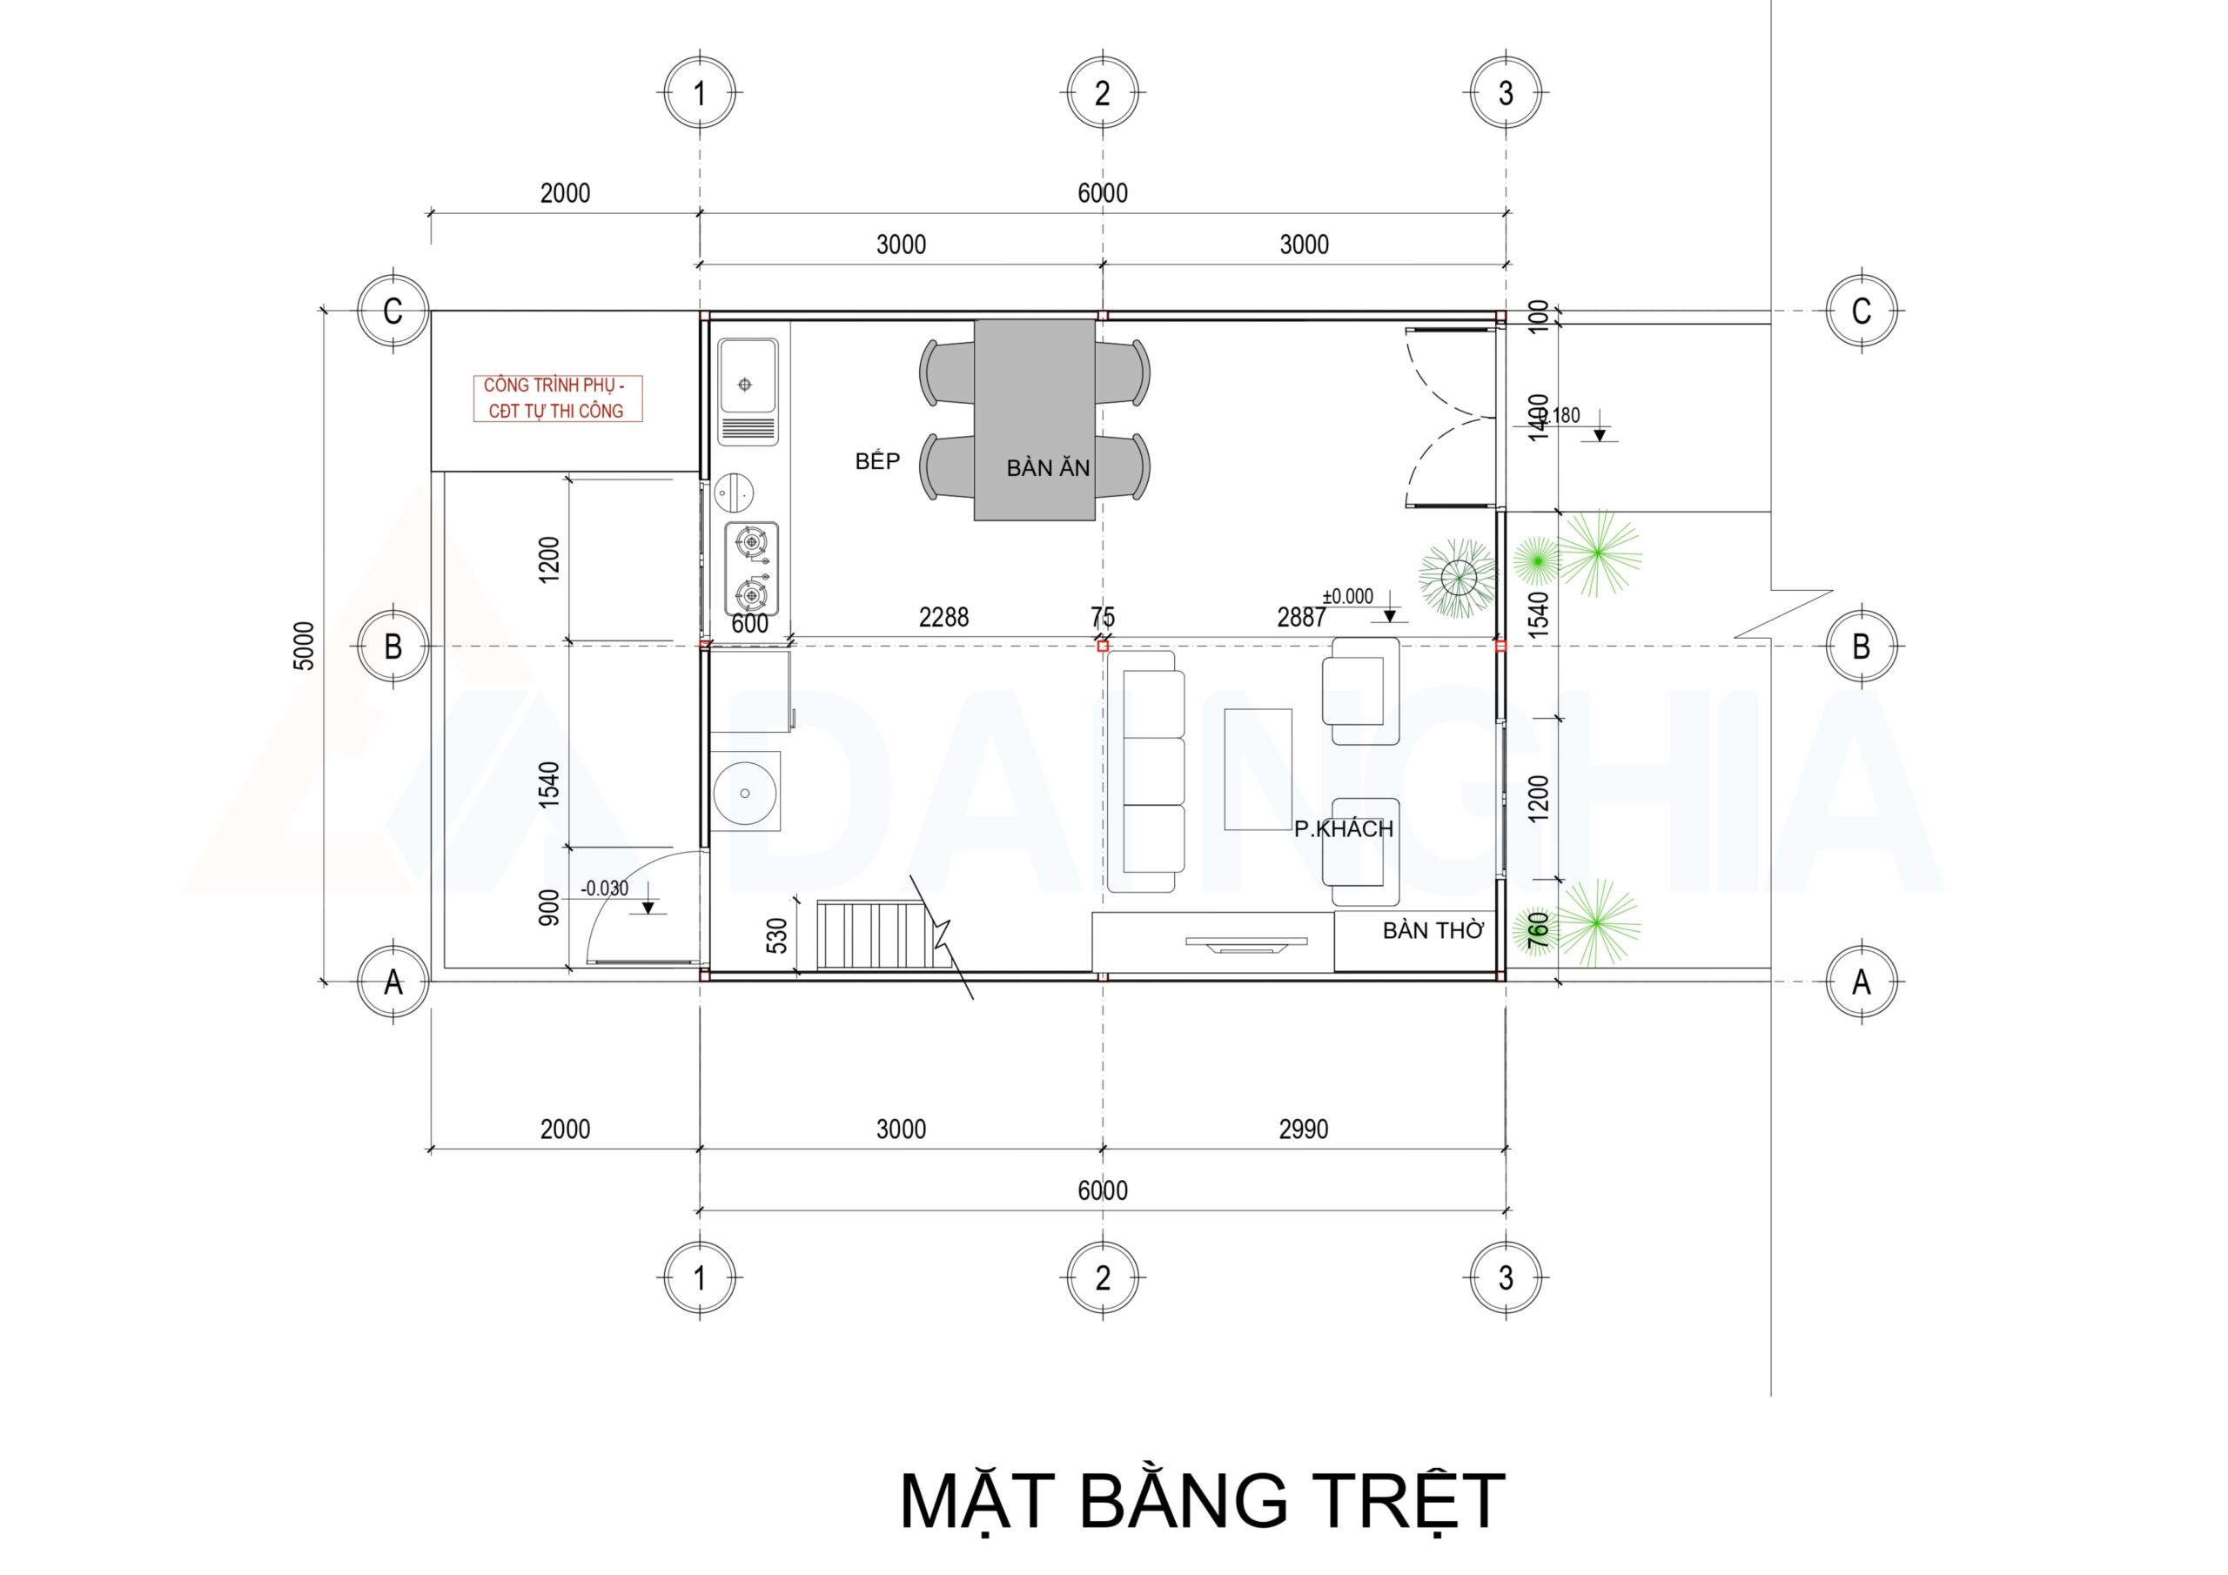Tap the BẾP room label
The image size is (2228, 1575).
[877, 462]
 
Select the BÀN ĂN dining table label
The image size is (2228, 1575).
[1048, 469]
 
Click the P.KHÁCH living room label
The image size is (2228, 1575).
[1343, 828]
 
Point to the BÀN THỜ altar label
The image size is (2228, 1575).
[1433, 930]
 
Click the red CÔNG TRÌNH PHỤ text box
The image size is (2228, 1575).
[557, 398]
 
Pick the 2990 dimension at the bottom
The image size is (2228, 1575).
[1303, 1129]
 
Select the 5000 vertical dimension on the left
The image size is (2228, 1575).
[305, 646]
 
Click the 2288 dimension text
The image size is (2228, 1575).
[943, 617]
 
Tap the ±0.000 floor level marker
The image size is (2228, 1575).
[1348, 597]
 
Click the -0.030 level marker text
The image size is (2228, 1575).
[605, 888]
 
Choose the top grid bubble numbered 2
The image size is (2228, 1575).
[1103, 93]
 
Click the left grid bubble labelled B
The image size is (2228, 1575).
[393, 647]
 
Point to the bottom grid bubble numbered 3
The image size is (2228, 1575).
[1505, 1278]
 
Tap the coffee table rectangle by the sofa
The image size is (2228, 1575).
[1258, 768]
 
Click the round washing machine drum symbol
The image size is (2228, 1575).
[744, 793]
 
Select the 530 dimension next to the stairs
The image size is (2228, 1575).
[777, 935]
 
